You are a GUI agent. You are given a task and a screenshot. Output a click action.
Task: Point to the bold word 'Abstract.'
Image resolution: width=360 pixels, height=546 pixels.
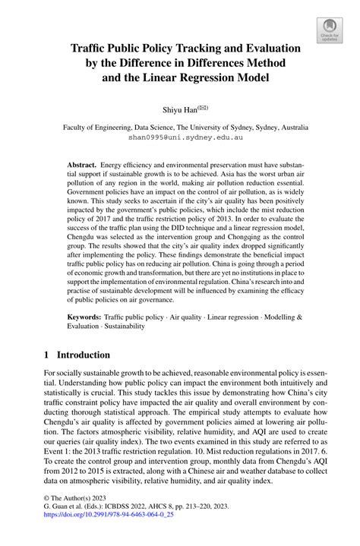coord(82,165)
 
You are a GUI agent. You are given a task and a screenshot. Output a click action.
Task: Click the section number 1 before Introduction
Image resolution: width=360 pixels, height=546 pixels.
coord(46,355)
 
